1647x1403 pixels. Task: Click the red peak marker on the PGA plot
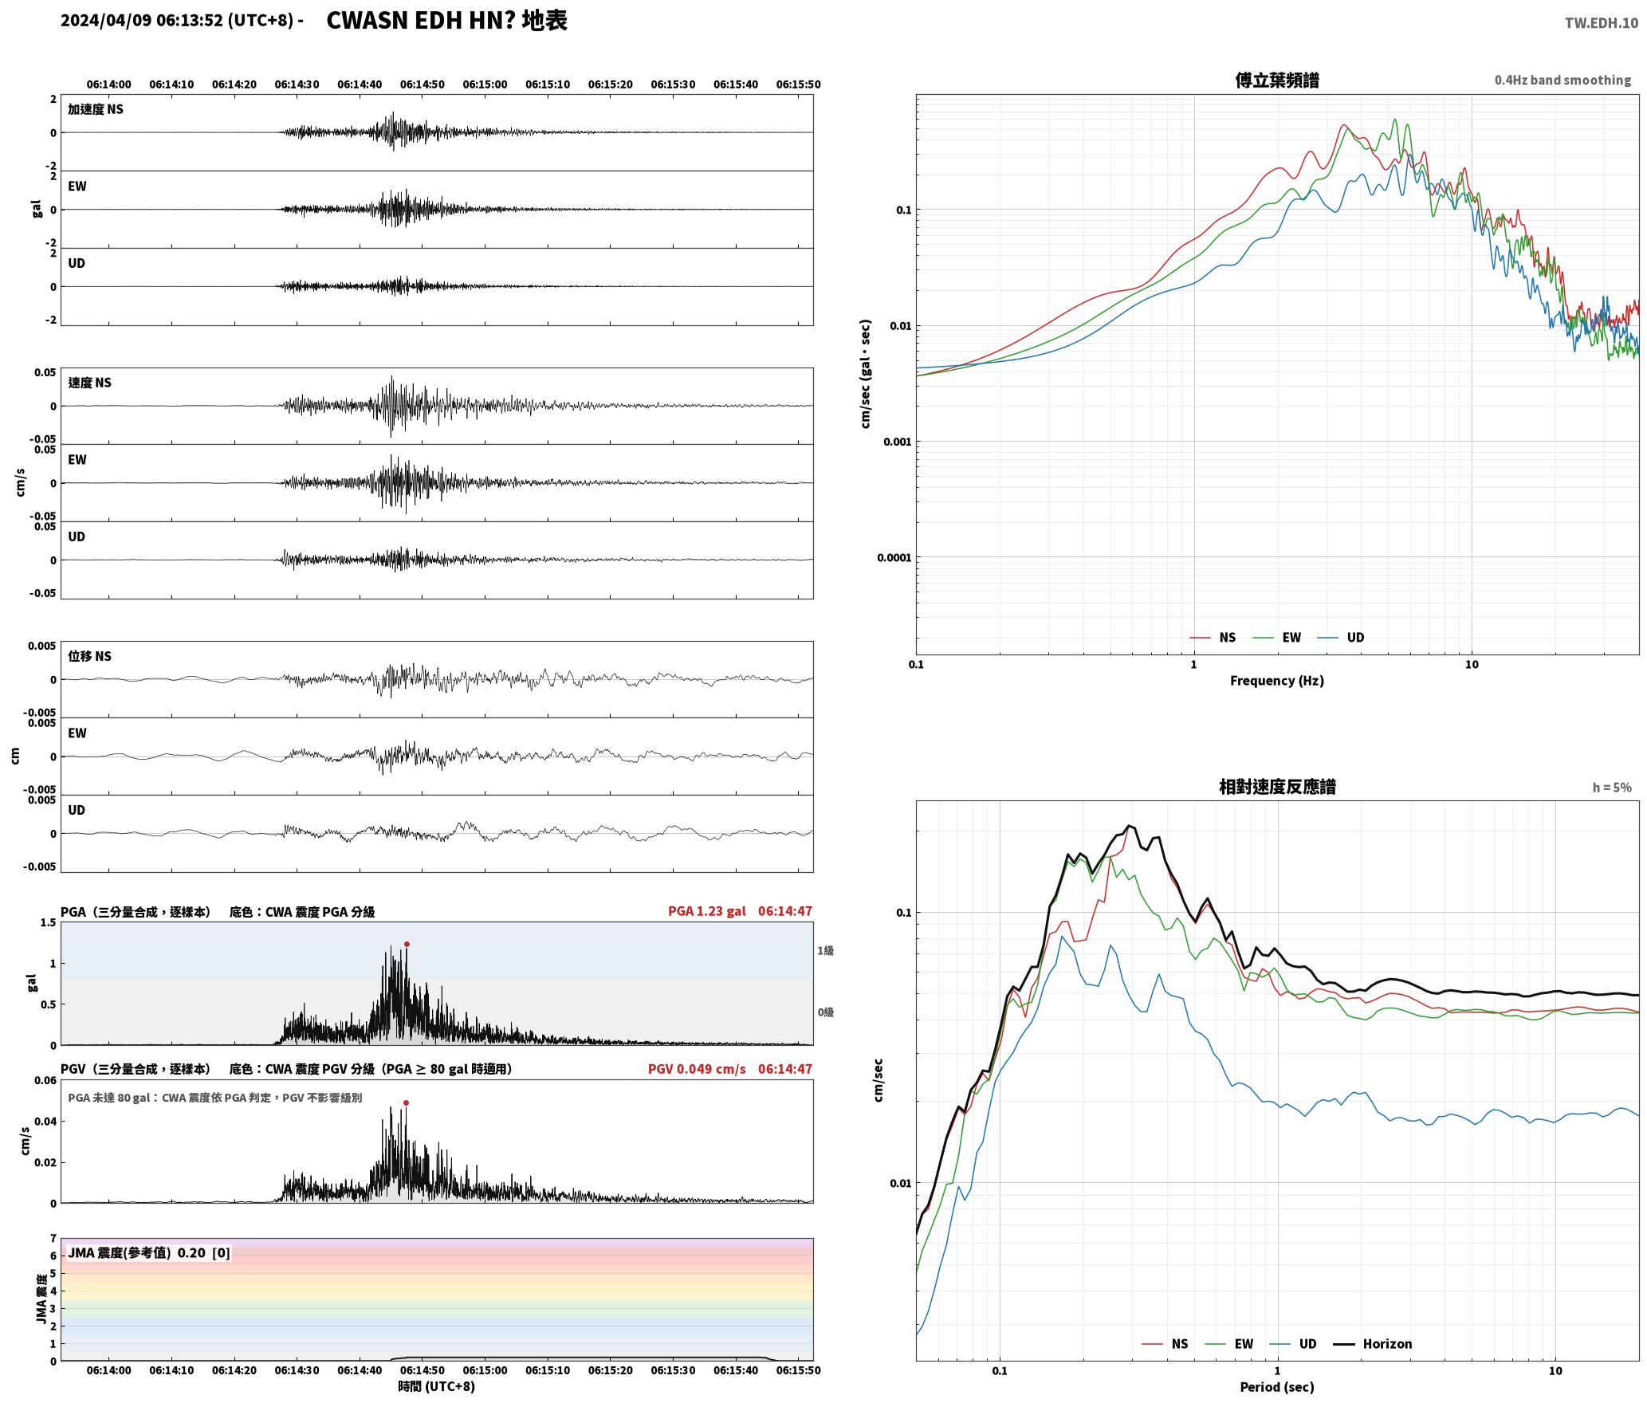407,944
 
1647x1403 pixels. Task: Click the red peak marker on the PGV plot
406,1103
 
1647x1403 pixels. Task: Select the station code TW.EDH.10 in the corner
1602,23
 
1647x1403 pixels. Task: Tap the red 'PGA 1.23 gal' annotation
706,911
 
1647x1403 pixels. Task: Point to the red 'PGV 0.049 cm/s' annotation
697,1069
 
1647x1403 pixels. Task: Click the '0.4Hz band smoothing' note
1562,81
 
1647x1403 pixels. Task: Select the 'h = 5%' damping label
1612,788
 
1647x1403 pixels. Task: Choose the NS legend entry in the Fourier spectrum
1213,638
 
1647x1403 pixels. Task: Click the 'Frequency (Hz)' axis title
1276,681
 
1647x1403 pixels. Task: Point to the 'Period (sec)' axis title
1276,1387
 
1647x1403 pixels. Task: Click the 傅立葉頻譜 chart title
1276,80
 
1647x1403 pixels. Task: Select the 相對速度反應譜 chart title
1277,787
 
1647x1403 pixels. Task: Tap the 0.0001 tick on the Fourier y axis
894,557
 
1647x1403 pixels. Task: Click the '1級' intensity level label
825,950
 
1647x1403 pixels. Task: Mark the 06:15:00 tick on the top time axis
485,84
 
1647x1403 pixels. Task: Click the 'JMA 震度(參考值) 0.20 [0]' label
149,1253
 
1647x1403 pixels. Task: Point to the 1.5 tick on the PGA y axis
48,923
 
